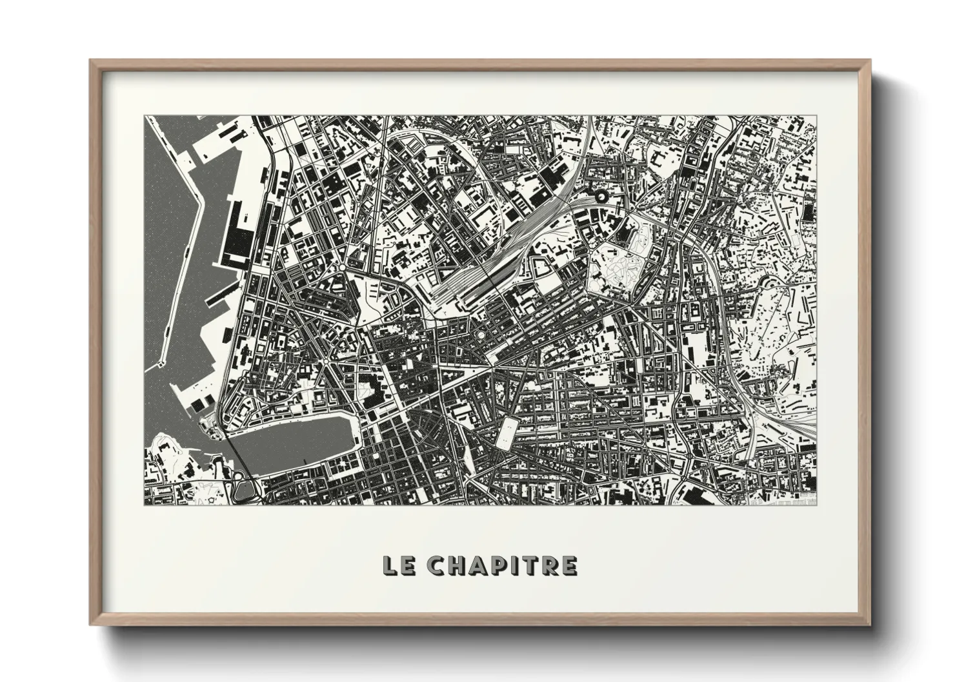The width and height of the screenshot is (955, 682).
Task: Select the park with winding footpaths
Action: pos(616,271)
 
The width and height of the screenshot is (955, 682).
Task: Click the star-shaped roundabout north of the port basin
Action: pos(340,266)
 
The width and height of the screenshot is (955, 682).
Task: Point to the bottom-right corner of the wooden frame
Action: pos(870,624)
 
